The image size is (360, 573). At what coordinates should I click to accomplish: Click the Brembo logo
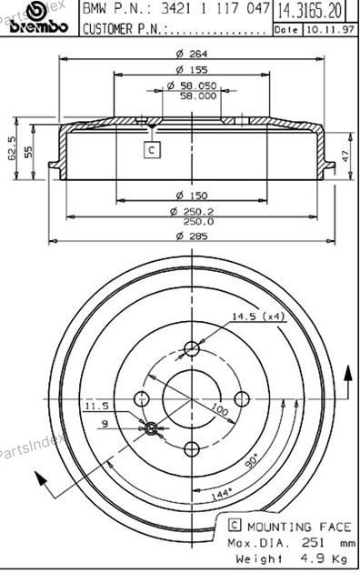click(x=39, y=18)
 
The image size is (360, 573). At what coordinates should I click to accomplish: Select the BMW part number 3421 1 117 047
click(x=215, y=8)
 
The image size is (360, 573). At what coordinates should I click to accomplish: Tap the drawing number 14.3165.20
click(x=310, y=11)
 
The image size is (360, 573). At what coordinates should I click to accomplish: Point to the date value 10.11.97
click(x=330, y=30)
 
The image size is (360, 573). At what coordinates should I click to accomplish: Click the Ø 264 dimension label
click(x=192, y=54)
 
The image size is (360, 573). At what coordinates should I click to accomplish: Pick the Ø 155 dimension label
click(x=192, y=69)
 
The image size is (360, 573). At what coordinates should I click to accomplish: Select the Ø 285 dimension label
click(x=192, y=236)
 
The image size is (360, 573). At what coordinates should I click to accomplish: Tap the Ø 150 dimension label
click(x=192, y=196)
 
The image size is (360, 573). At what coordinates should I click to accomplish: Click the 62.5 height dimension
click(x=12, y=147)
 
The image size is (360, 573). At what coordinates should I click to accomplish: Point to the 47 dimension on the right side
click(x=345, y=155)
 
